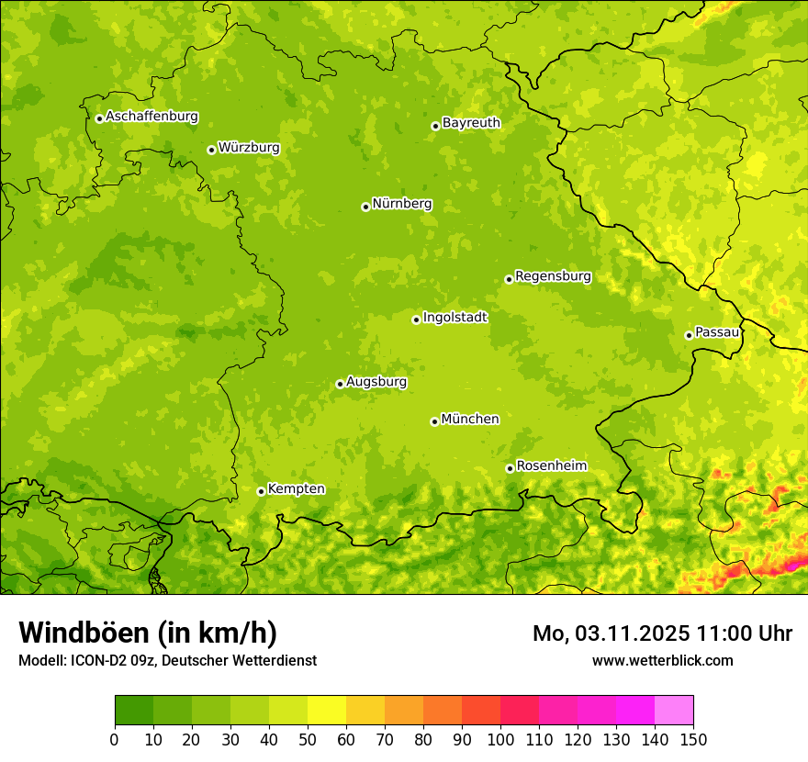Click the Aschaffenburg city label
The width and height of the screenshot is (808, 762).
tap(151, 117)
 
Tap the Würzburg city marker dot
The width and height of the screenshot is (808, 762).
tap(211, 150)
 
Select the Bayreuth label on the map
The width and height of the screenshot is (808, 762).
tap(471, 122)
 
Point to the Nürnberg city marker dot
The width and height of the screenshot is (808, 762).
tap(365, 207)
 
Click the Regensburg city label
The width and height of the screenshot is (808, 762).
tap(553, 275)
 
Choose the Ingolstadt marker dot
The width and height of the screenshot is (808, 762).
tap(416, 319)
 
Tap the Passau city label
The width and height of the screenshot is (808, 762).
tap(717, 331)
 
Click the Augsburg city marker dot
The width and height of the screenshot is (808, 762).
tap(340, 384)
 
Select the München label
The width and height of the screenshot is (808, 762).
tap(470, 419)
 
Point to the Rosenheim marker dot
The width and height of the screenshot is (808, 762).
tap(510, 468)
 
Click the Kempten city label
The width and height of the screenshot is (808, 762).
tap(296, 488)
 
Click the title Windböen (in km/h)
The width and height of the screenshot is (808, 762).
tap(148, 633)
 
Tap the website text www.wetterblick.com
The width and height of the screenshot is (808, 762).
tap(663, 660)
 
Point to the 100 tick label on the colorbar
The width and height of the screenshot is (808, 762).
tap(500, 739)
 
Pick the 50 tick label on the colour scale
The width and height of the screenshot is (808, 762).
tap(308, 739)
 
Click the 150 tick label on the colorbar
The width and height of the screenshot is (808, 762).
tap(693, 739)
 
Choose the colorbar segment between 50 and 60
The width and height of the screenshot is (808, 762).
tap(327, 711)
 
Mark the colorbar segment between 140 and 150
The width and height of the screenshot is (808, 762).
tap(674, 711)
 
